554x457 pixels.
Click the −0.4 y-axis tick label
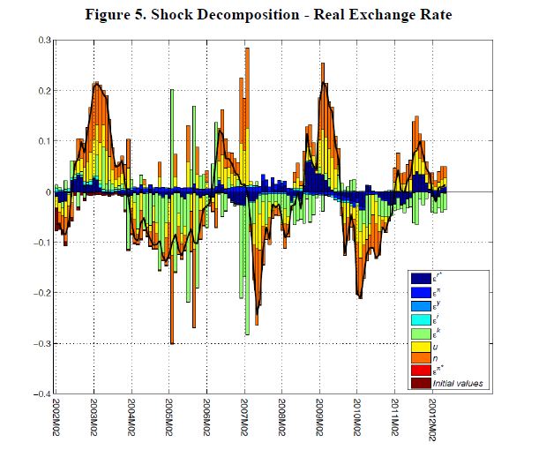[41, 393]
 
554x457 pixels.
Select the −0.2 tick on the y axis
[41, 293]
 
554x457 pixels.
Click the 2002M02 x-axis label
[56, 421]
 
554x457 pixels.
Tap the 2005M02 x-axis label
[168, 421]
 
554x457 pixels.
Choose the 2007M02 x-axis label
[243, 421]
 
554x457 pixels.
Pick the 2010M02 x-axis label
[356, 421]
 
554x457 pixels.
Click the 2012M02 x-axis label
[431, 421]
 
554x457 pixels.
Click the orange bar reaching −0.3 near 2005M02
[172, 318]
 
